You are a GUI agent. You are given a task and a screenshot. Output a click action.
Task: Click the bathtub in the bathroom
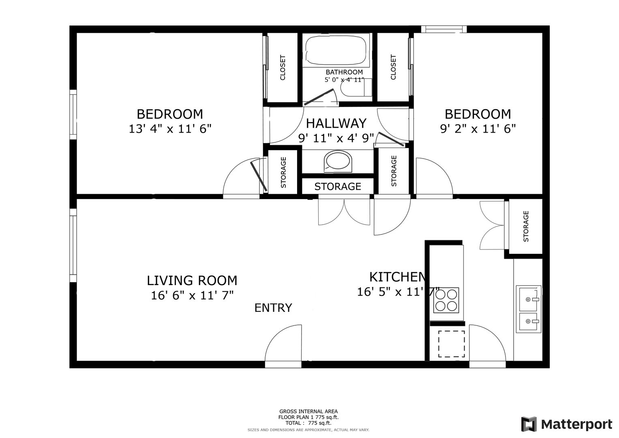(336, 50)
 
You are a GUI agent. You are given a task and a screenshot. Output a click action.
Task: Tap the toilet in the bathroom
(356, 87)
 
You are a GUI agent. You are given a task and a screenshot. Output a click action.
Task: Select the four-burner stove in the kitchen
(446, 300)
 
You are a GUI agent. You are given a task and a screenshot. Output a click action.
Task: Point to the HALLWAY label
(336, 123)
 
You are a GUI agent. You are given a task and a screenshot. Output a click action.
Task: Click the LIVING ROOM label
(192, 280)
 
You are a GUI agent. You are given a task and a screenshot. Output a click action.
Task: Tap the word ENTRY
(273, 308)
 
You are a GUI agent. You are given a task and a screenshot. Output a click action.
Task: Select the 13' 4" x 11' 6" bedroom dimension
(170, 129)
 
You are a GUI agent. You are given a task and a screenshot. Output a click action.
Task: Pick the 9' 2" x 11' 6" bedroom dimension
(478, 129)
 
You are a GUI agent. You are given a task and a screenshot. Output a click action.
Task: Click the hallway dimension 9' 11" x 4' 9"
(336, 138)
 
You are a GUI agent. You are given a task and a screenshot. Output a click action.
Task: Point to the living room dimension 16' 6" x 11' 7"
(192, 295)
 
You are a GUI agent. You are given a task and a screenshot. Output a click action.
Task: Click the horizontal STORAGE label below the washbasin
(338, 187)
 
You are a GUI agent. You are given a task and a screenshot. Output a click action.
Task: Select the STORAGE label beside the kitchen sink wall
(526, 226)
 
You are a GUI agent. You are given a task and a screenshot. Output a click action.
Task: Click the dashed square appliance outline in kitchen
(451, 344)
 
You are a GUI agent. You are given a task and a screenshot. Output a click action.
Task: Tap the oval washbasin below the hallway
(338, 161)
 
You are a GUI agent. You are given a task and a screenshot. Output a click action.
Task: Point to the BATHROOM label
(344, 72)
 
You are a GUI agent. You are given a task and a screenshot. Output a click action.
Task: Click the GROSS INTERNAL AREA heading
(308, 412)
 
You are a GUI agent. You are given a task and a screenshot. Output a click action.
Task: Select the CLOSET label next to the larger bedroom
(283, 68)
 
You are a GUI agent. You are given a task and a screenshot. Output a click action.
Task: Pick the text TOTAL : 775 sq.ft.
(308, 423)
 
